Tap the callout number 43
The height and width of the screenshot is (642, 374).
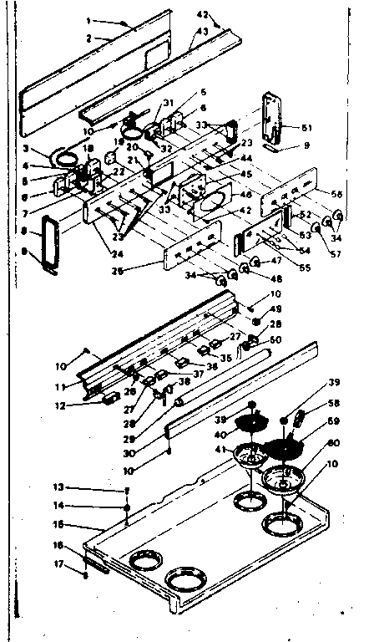(203, 32)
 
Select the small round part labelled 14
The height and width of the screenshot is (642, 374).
(126, 506)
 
